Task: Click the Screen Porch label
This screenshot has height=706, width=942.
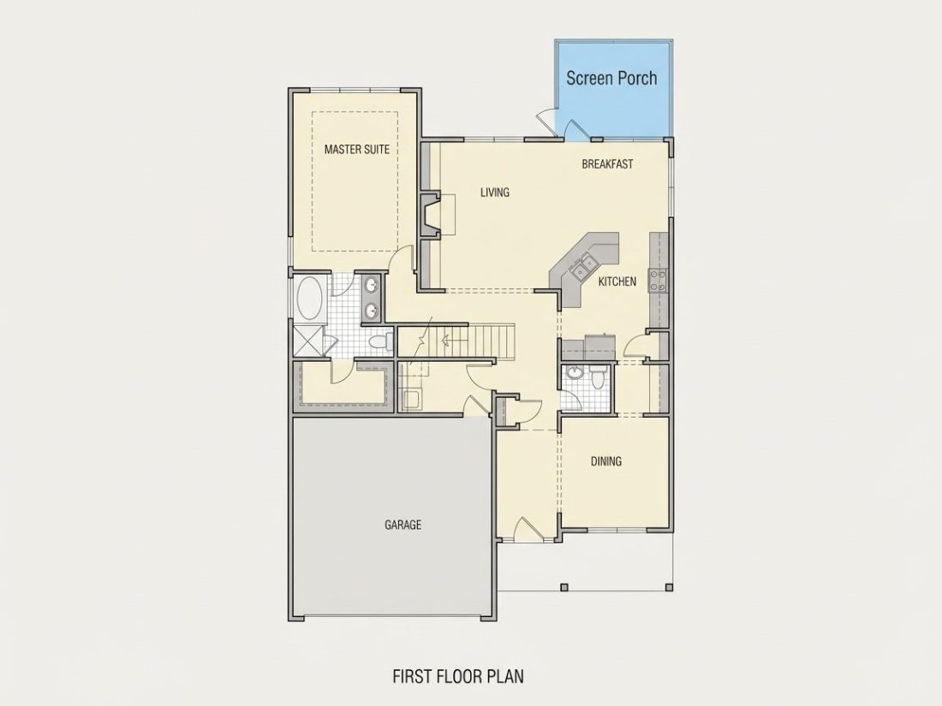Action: pos(611,78)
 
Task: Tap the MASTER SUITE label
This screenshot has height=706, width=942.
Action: pos(357,149)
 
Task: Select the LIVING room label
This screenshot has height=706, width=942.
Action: pos(495,192)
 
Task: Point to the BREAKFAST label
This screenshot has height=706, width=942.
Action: pos(607,164)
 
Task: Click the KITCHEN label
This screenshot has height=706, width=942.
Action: pos(617,281)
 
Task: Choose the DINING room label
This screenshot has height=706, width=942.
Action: pos(606,461)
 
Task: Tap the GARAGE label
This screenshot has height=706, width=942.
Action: pos(402,525)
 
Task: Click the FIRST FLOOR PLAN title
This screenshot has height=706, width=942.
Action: pos(458,677)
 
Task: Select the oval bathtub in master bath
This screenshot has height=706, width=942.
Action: pos(310,299)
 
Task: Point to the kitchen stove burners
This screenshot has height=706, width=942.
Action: pos(657,281)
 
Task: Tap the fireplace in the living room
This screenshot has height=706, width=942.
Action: pos(430,214)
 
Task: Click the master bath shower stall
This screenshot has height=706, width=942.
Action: pos(308,341)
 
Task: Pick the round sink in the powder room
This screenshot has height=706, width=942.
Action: pos(575,373)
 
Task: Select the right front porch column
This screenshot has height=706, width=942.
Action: pos(669,587)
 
